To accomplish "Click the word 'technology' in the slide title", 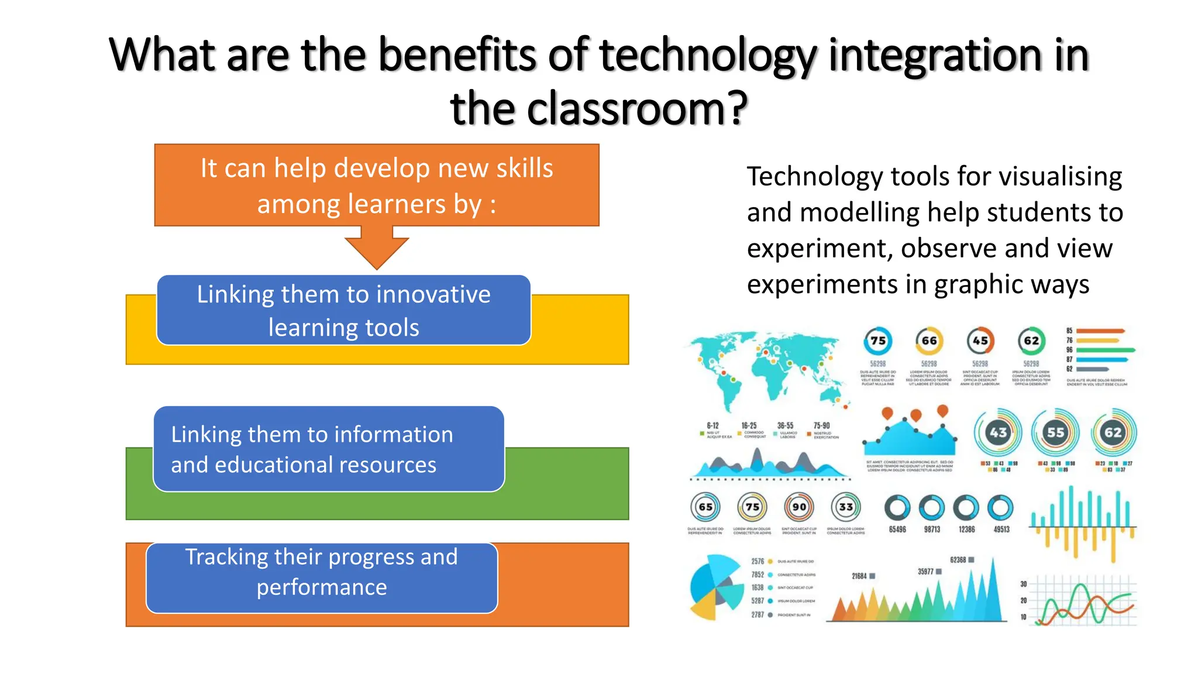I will (x=708, y=56).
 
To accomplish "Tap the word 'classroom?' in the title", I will (x=638, y=109).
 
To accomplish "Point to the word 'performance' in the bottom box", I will (x=322, y=587).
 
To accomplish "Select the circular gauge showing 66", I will (x=929, y=341).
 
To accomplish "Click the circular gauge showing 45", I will (x=980, y=341).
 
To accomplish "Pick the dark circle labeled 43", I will (x=998, y=432).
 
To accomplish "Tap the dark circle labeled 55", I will (x=1055, y=432).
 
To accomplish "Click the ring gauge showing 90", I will (x=799, y=507).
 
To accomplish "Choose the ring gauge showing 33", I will (x=846, y=507).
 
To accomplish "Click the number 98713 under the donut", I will (x=932, y=529).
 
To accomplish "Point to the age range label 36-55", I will (x=785, y=426).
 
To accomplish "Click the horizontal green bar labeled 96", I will (x=1105, y=350).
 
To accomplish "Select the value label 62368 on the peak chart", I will (x=958, y=560).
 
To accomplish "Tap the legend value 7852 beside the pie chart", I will (x=758, y=575).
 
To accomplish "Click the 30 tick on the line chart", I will (x=1024, y=584).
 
